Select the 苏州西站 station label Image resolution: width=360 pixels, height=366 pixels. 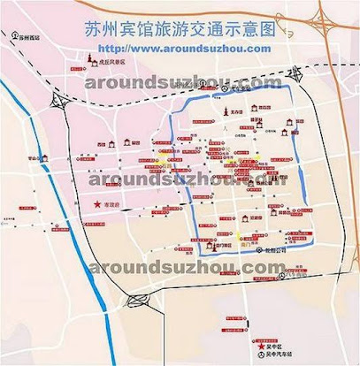(29, 38)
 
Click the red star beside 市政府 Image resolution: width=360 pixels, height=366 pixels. (97, 205)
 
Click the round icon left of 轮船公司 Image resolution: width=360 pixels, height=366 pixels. (247, 248)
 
